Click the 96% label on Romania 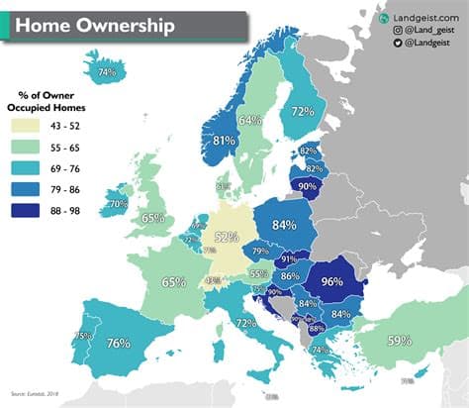click(331, 280)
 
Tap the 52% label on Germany click(227, 238)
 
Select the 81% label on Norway click(224, 142)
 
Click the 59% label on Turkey click(400, 342)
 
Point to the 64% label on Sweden click(250, 121)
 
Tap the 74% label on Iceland click(107, 72)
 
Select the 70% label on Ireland click(118, 204)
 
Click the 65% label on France click(174, 282)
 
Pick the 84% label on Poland click(284, 225)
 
